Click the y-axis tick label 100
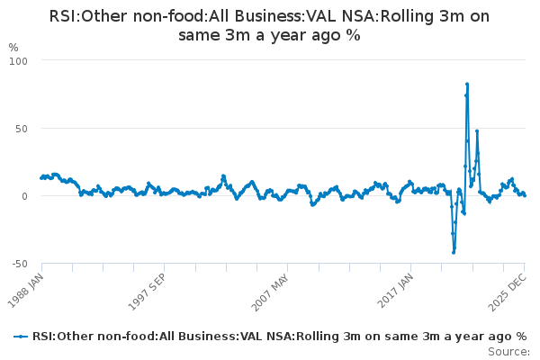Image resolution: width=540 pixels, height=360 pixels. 18,61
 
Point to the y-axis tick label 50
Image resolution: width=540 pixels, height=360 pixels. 21,129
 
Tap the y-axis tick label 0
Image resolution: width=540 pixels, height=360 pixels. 24,196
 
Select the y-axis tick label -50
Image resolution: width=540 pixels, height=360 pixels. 20,264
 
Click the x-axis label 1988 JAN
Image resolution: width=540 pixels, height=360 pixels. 26,291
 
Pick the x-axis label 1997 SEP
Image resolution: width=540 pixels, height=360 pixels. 148,292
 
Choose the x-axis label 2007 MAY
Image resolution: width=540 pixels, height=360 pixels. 270,292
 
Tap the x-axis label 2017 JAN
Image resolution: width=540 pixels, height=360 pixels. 395,291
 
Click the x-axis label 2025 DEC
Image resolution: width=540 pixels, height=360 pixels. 508,292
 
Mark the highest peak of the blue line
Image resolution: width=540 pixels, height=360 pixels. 467,84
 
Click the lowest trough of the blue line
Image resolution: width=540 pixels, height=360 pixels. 454,253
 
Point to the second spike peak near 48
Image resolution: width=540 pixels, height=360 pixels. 477,130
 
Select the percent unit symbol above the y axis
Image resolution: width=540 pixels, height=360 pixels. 13,47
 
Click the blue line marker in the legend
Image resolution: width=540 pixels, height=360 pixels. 21,337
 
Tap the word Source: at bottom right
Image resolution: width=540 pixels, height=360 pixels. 508,352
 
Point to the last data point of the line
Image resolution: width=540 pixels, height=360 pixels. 525,195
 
